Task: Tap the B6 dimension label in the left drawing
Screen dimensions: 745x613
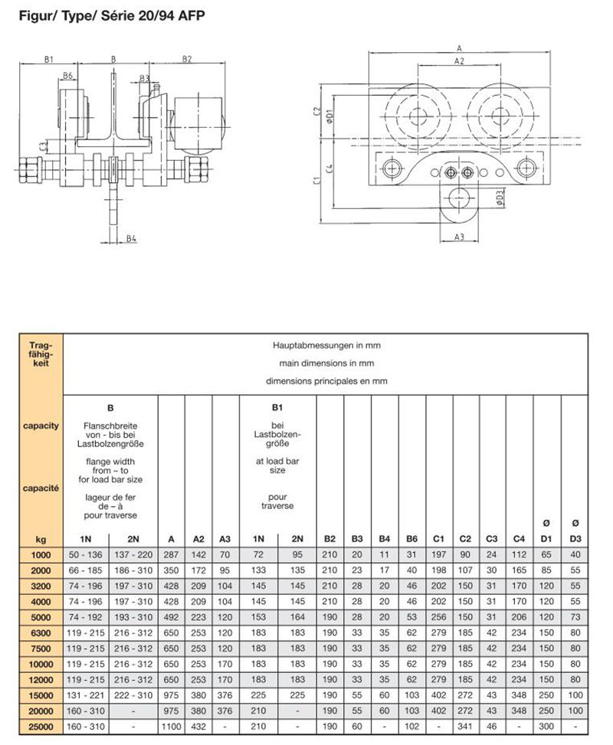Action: pos(68,76)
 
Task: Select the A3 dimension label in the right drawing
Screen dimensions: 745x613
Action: pos(459,237)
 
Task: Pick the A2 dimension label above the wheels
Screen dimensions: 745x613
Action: pos(458,60)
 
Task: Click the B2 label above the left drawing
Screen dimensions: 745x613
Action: pos(187,59)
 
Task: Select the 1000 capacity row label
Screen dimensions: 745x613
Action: pos(40,554)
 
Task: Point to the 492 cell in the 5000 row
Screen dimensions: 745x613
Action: pos(172,617)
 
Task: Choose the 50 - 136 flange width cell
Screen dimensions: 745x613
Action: pos(87,554)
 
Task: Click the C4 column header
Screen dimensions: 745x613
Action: pos(519,539)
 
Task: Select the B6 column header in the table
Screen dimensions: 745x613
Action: pos(412,539)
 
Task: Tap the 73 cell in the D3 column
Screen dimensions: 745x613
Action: pos(575,617)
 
